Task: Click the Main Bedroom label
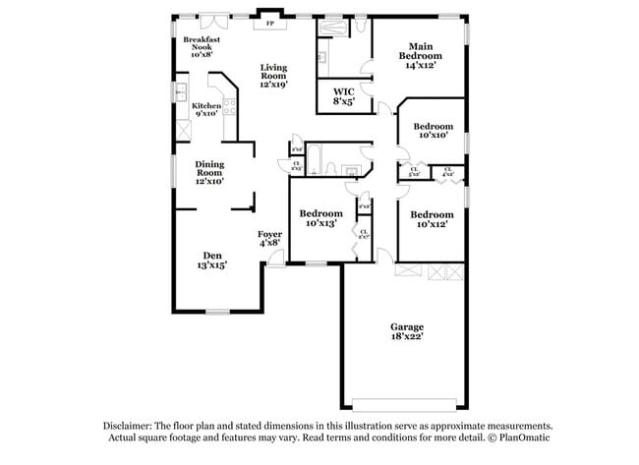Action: (420, 51)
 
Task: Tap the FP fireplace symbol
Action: (270, 22)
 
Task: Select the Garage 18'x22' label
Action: (406, 331)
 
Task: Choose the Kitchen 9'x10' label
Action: (206, 109)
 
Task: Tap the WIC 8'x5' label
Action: (344, 96)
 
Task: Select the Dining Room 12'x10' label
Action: (208, 173)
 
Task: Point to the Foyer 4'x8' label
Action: (270, 238)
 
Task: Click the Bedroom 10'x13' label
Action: (320, 218)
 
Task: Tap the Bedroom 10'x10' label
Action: (433, 131)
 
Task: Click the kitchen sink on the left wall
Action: (181, 93)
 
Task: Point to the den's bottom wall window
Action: (217, 312)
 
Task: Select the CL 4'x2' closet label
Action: (447, 172)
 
